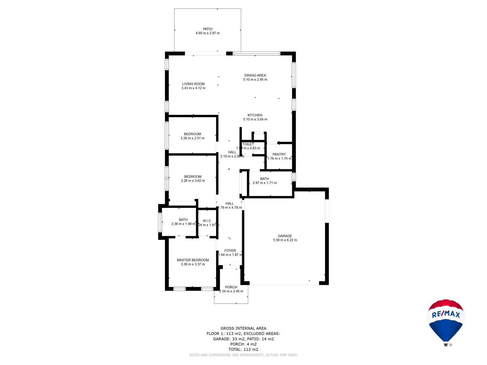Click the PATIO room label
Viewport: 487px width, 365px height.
[208, 29]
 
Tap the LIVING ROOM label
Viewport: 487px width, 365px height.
[193, 84]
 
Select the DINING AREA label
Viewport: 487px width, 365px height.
[255, 75]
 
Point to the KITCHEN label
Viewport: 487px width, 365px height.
[255, 115]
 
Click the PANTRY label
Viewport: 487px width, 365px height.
[279, 154]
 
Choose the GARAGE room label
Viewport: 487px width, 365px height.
[285, 236]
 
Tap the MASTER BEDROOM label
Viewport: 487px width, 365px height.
[193, 260]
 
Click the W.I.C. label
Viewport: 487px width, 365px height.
[207, 221]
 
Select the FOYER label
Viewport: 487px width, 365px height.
[230, 251]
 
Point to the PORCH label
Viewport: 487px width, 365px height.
[231, 287]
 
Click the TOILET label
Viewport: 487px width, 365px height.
[248, 144]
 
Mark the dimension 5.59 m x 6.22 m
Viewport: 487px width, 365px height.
[285, 240]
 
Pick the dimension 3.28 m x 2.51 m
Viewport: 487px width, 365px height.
[192, 138]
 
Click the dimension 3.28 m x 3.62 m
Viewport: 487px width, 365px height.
[193, 181]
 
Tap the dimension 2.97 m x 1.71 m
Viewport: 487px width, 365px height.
[264, 183]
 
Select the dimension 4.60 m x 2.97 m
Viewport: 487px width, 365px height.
[208, 33]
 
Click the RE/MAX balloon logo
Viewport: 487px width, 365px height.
[446, 321]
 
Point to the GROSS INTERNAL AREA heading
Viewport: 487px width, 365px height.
[243, 328]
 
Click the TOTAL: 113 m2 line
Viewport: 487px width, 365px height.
[243, 349]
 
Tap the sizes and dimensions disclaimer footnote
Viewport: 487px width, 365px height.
[243, 355]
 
